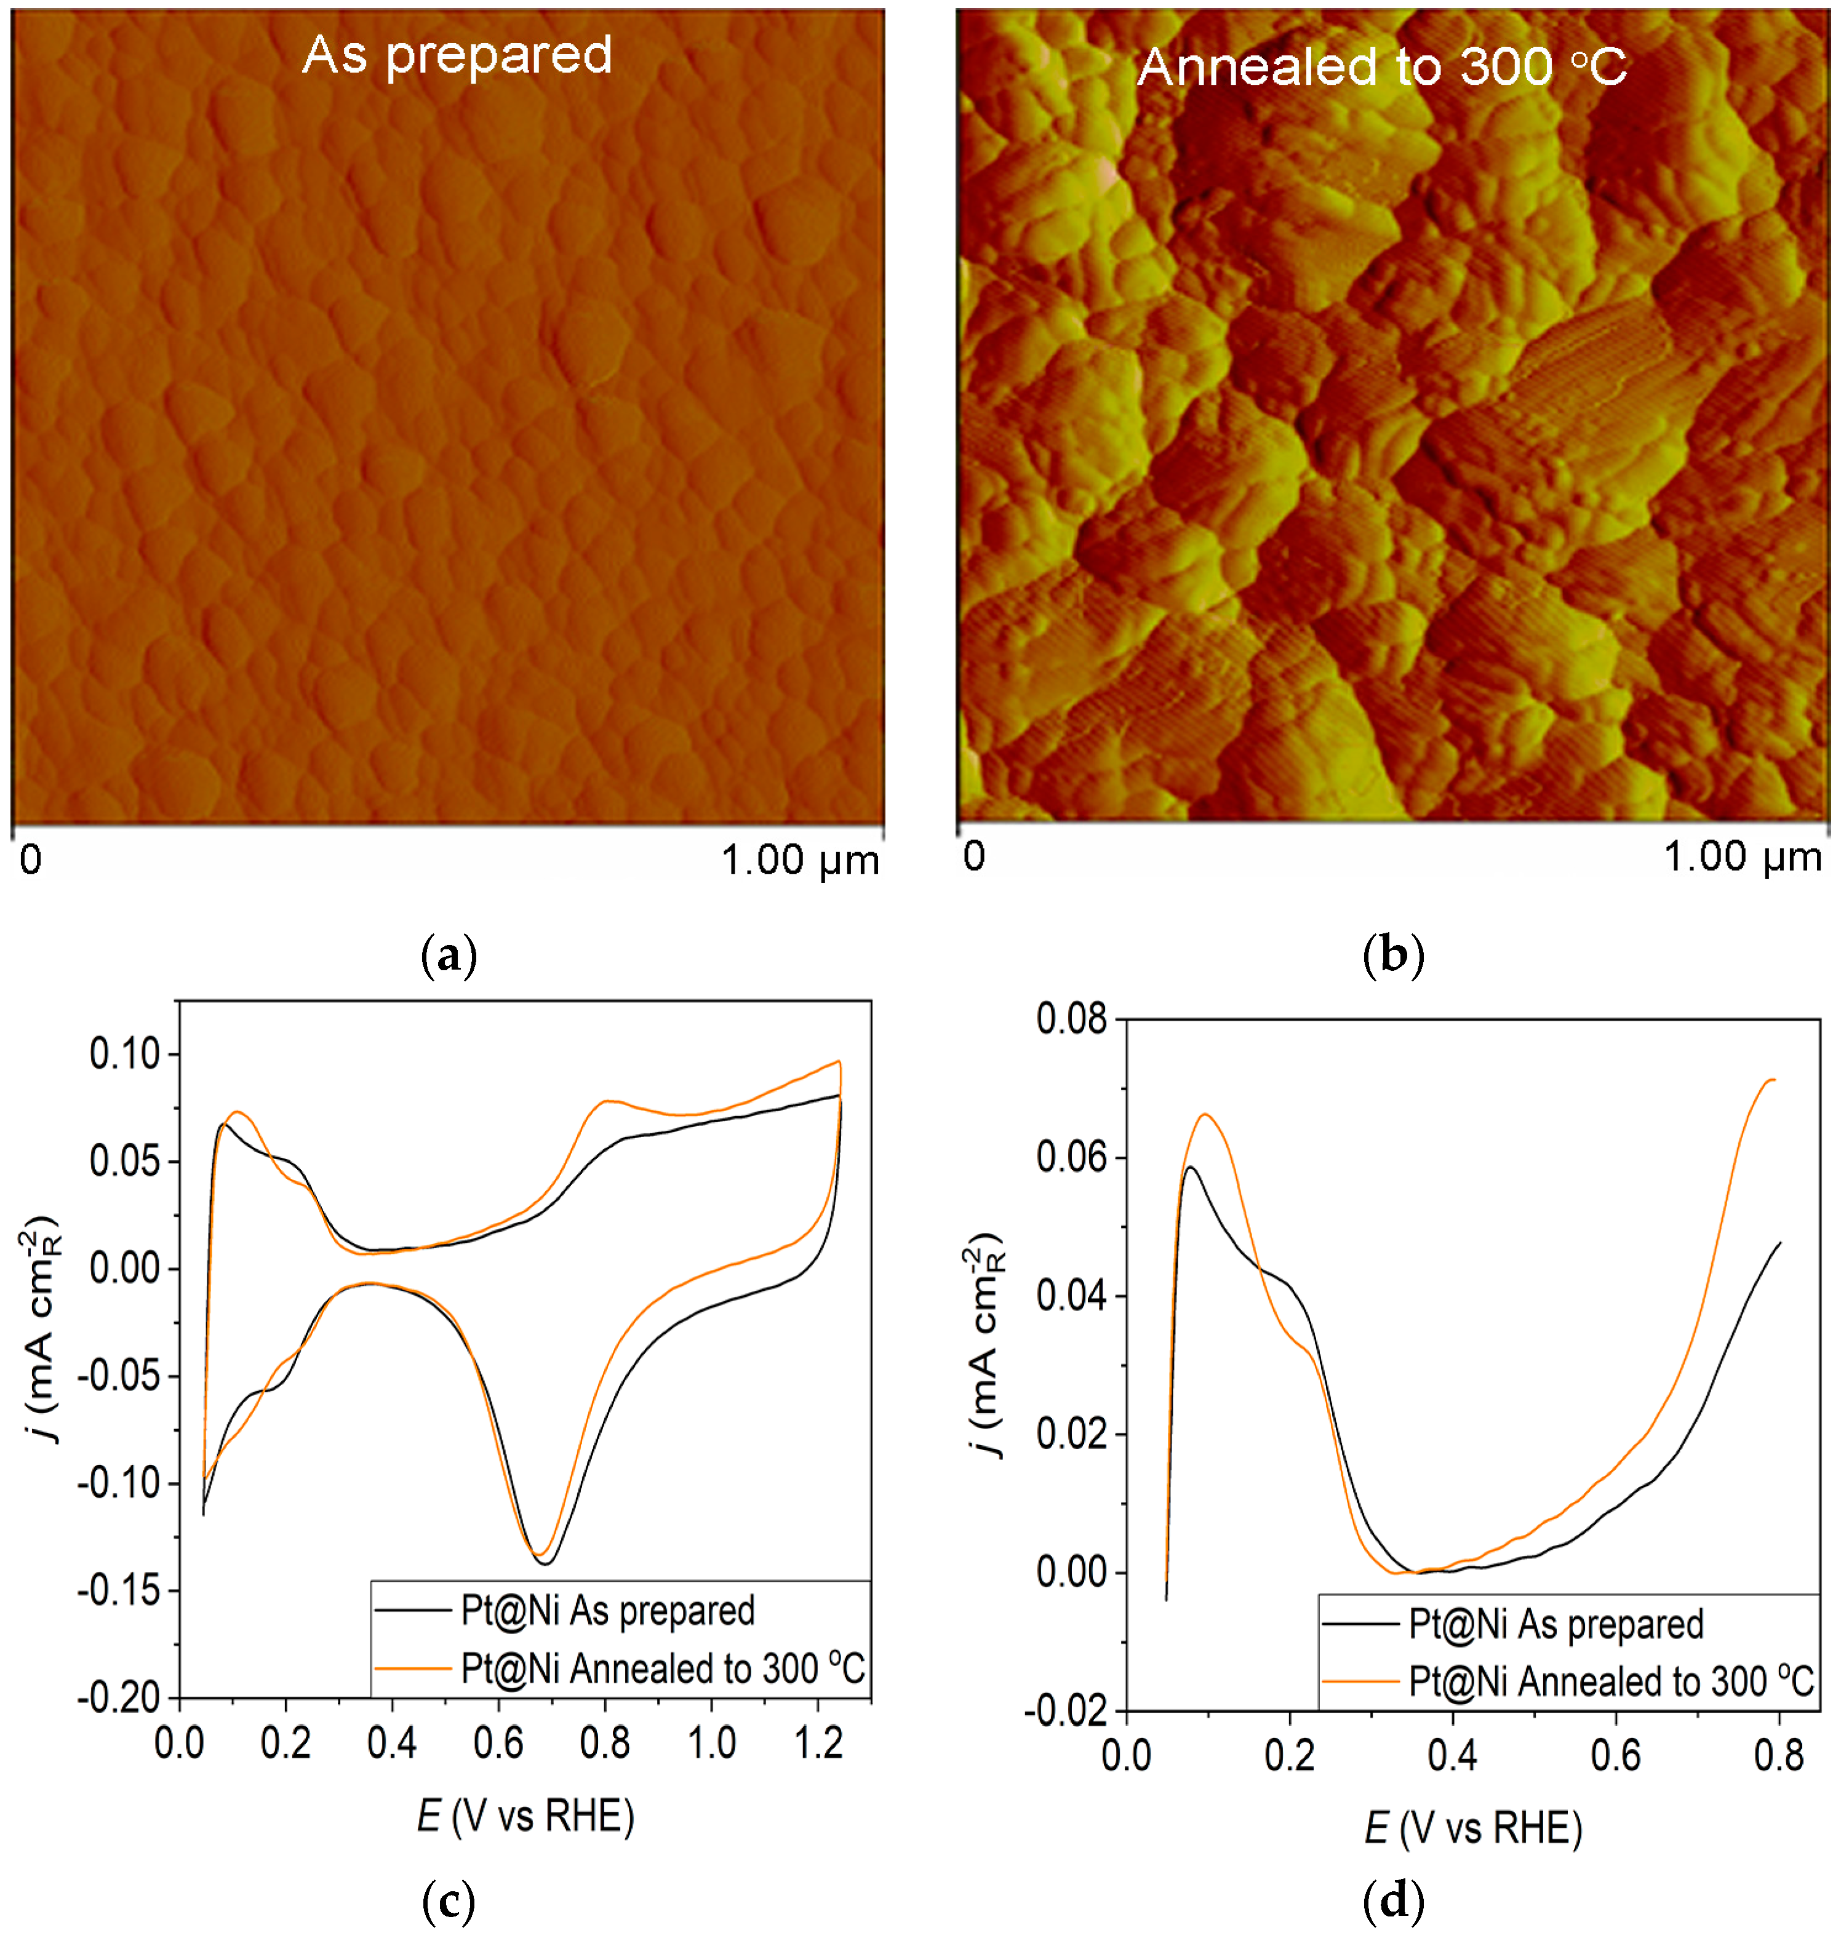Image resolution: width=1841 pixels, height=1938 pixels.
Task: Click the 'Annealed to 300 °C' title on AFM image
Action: click(1382, 66)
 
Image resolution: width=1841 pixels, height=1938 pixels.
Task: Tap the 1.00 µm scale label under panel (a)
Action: click(800, 861)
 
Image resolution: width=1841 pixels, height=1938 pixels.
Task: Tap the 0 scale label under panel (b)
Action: click(973, 856)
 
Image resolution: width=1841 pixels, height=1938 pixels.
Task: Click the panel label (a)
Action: click(449, 954)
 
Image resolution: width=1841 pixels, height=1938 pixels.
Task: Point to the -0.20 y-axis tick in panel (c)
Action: click(118, 1697)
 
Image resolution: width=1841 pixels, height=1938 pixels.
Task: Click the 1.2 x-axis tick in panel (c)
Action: click(818, 1743)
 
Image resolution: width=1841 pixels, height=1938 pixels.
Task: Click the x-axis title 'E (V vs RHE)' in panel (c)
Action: click(525, 1816)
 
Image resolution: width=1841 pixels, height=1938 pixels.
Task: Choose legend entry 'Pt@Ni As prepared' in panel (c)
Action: click(607, 1610)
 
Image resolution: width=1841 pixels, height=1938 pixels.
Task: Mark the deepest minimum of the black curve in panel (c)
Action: click(545, 1563)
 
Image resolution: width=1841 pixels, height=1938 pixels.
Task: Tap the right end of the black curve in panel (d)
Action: click(1779, 1243)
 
